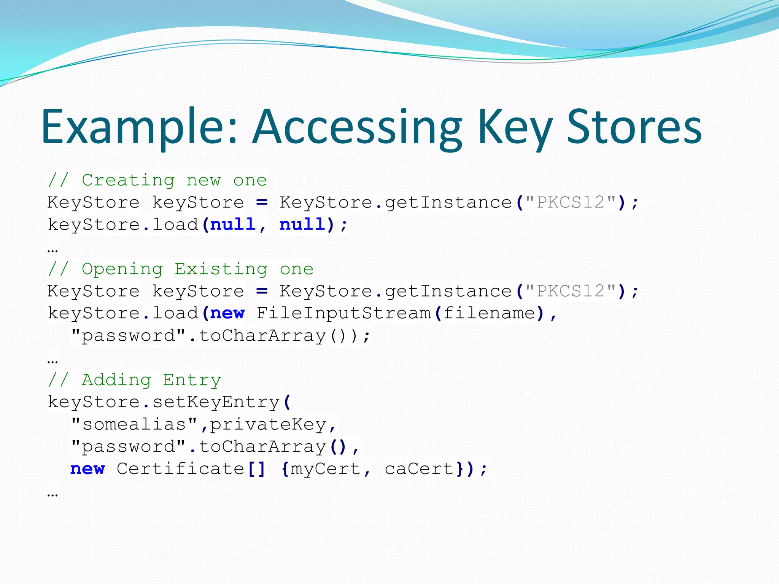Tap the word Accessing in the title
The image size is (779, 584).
point(358,127)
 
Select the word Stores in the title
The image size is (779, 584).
point(634,127)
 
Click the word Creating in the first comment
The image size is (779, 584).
point(128,180)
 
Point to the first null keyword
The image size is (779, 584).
point(232,224)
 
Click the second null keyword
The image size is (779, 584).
point(302,224)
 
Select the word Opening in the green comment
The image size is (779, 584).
point(122,269)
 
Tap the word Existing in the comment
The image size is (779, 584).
point(221,269)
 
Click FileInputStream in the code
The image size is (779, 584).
point(344,313)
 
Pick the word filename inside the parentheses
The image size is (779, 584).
point(489,313)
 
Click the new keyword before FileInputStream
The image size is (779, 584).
point(227,313)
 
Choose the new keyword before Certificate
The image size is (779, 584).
point(87,469)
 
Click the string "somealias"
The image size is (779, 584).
point(134,424)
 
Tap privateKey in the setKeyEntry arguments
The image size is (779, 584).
point(268,424)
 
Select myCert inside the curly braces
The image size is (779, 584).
point(325,469)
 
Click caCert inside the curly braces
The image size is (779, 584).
point(419,469)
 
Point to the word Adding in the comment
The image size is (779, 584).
point(116,380)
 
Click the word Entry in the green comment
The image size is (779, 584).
point(192,380)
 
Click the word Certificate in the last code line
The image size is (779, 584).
point(180,469)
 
